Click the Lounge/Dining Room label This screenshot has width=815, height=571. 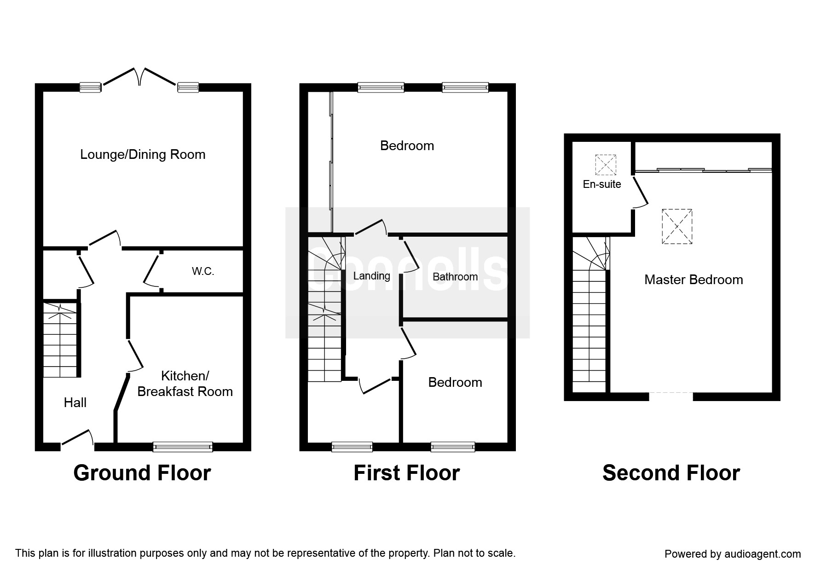[143, 154]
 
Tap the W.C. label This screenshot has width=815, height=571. [203, 271]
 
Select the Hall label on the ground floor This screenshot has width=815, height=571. [75, 403]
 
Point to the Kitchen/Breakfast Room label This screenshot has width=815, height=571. [185, 384]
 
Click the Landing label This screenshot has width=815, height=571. [371, 276]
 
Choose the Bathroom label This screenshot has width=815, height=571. [455, 277]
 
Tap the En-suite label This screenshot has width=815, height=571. [601, 184]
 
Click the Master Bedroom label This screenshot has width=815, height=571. [694, 280]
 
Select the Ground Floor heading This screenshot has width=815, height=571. [142, 473]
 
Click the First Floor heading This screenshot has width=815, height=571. [406, 473]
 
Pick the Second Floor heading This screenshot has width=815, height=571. [671, 473]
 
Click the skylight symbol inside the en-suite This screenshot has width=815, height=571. [605, 165]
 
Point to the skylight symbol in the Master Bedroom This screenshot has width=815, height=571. [677, 226]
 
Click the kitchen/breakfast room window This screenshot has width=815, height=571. [183, 446]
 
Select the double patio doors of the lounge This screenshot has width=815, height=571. [139, 77]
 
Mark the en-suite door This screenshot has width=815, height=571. [641, 192]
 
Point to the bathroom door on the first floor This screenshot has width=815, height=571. [411, 255]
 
